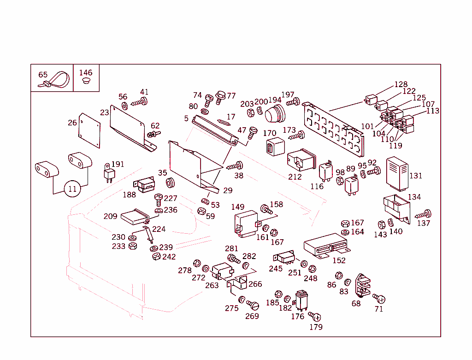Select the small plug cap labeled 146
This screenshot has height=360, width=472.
tap(85, 81)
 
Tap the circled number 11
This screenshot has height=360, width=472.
tap(72, 189)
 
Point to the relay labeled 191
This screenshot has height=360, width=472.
tap(109, 174)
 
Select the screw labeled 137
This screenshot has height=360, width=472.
tap(424, 214)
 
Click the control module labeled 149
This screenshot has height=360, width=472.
tap(246, 223)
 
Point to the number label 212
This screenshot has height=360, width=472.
tap(295, 177)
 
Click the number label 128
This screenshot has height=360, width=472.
tap(401, 84)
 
